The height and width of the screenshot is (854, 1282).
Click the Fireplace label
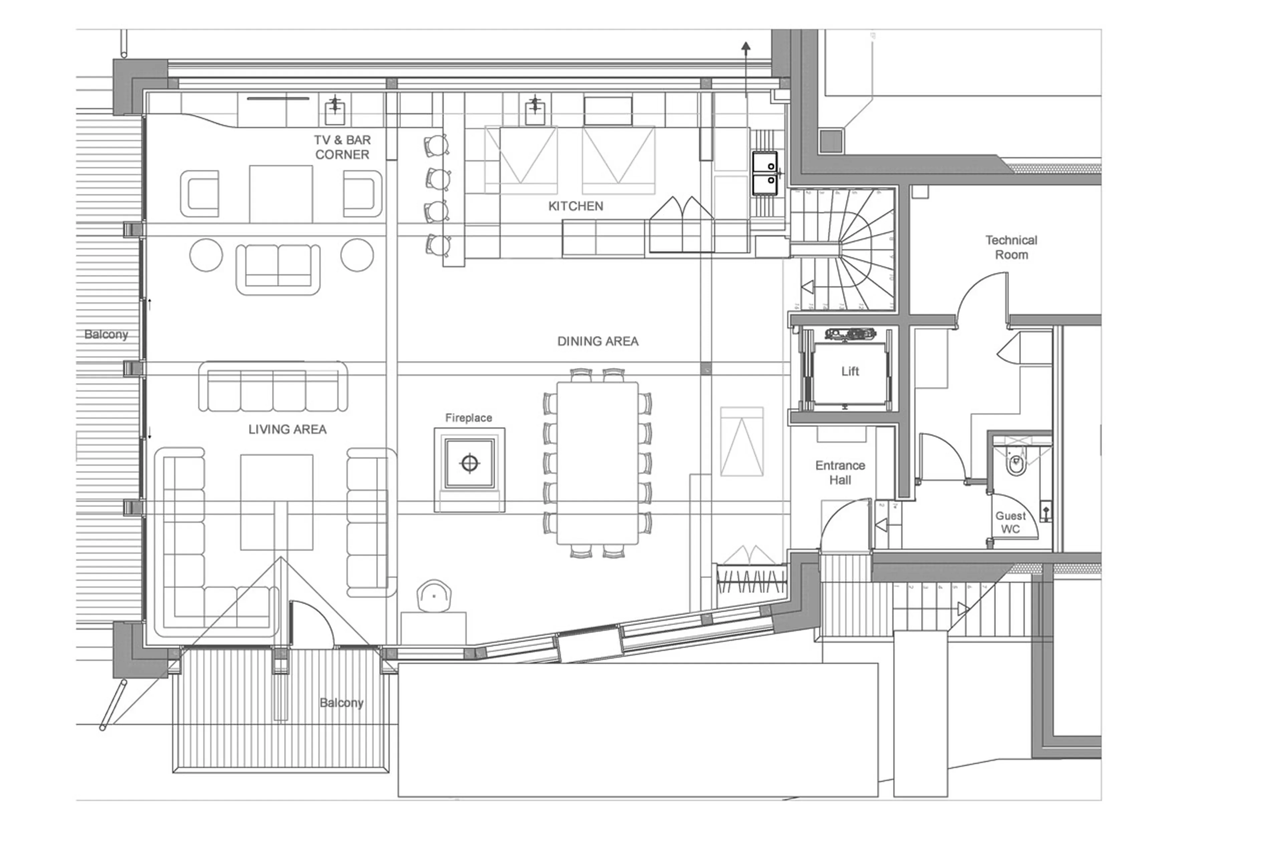468,418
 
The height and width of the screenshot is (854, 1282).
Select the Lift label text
849,371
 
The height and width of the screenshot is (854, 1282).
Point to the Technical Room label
1011,247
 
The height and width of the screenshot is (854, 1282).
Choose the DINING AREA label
597,341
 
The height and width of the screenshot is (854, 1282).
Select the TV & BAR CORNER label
342,147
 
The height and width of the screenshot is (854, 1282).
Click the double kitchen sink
765,173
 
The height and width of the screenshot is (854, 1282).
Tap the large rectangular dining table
597,463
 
